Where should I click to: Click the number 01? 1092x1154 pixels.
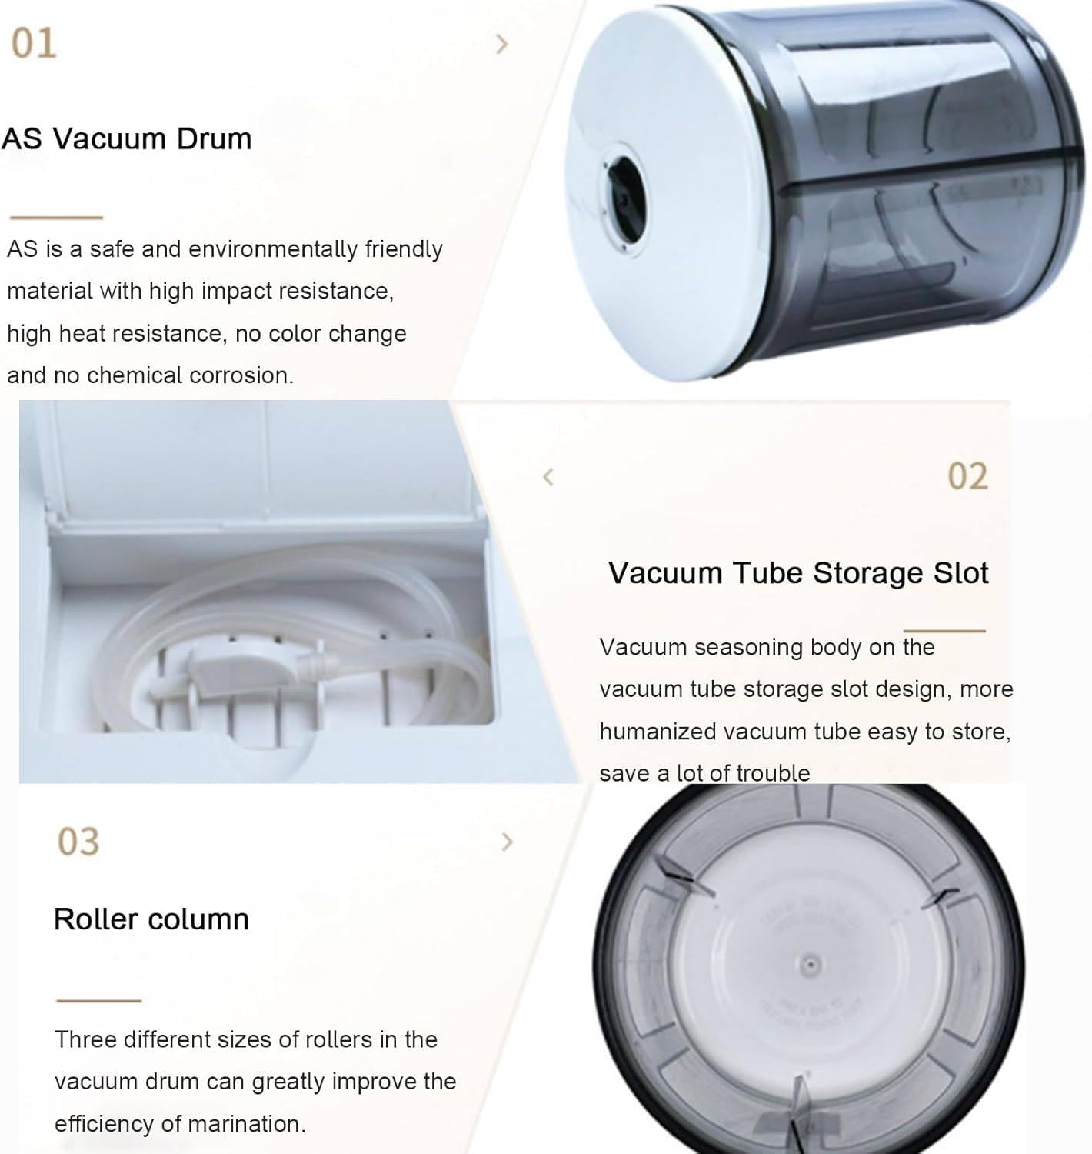[34, 43]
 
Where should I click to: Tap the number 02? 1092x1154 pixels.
[967, 476]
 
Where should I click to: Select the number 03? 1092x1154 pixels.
[78, 842]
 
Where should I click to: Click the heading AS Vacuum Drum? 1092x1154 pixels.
[127, 139]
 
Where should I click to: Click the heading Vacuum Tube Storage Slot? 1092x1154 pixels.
[798, 573]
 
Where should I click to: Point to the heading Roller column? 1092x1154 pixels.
[151, 919]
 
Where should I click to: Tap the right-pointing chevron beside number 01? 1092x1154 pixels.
[502, 45]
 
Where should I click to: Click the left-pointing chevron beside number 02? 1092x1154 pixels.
[548, 477]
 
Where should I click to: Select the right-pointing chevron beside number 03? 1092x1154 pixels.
[506, 842]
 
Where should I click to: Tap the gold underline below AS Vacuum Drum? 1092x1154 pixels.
[56, 218]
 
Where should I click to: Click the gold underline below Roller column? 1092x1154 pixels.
[98, 1001]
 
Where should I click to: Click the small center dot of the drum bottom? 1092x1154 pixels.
[808, 962]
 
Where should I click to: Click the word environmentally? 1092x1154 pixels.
[273, 249]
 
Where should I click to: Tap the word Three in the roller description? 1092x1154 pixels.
[85, 1039]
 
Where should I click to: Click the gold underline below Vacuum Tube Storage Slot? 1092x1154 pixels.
[944, 631]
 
